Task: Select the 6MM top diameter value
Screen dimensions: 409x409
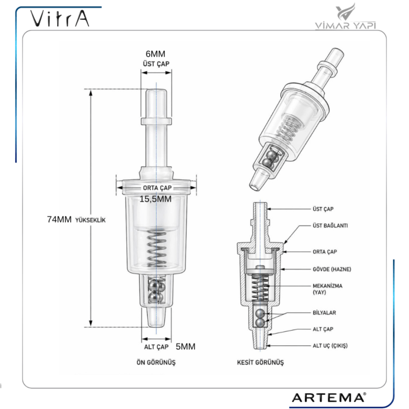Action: click(156, 53)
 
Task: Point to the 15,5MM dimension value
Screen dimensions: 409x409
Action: click(155, 199)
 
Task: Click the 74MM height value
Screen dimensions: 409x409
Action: click(59, 220)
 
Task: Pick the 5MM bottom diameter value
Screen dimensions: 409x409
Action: click(185, 346)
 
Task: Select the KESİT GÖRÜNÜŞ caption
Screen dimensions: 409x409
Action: click(260, 362)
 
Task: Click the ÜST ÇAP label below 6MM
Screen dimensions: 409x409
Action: click(156, 63)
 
